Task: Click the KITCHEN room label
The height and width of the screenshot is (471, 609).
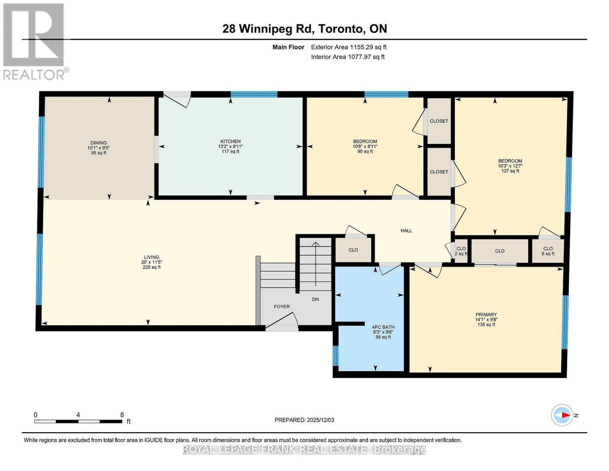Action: (x=230, y=141)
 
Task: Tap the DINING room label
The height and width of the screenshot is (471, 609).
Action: (x=98, y=143)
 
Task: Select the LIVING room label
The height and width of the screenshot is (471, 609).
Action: (x=151, y=257)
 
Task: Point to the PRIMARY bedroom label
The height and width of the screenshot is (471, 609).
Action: (x=486, y=315)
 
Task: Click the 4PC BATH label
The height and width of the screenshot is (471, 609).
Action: (x=383, y=327)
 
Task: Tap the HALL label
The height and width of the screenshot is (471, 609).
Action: (x=406, y=231)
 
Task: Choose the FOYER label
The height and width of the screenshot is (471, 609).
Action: (x=282, y=307)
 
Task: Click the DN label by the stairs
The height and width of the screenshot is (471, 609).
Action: (x=315, y=299)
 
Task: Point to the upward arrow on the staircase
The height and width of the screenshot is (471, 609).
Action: (x=315, y=264)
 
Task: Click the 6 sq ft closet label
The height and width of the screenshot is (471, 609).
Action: (x=548, y=254)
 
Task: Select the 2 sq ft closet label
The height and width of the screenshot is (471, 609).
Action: (x=461, y=254)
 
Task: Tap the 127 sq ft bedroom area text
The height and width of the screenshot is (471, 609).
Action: (x=510, y=171)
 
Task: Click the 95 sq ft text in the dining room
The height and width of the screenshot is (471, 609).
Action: (x=98, y=153)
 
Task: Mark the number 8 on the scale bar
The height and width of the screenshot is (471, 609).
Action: (x=122, y=415)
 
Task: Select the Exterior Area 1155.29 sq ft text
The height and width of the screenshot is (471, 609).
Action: (x=348, y=47)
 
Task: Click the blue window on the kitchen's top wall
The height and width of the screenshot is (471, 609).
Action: (x=254, y=95)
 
